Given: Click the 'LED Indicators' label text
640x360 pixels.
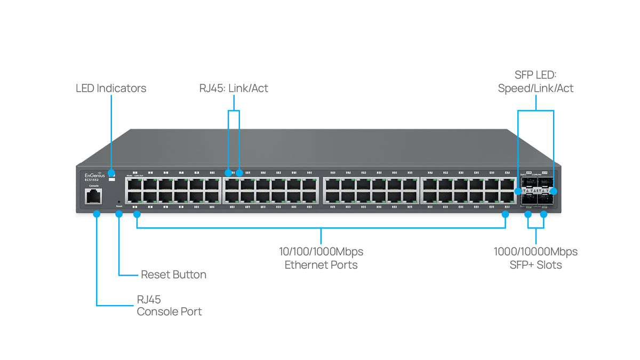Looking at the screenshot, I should click(110, 89).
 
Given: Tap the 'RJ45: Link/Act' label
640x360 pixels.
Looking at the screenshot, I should click(234, 89).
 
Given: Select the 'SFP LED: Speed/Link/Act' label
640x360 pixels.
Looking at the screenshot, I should click(535, 82).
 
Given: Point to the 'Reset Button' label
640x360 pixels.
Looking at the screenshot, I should click(173, 275).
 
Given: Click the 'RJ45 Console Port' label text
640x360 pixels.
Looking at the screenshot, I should click(169, 306).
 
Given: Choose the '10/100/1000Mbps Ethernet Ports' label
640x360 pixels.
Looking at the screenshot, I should click(321, 258).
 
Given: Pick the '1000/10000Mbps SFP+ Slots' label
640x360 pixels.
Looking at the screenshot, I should click(535, 258).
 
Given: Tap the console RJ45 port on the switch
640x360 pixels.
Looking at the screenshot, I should click(93, 196).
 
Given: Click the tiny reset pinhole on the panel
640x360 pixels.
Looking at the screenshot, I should click(119, 202).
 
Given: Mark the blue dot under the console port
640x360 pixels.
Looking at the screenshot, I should click(97, 214).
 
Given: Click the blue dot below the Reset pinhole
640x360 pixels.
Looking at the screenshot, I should click(119, 214).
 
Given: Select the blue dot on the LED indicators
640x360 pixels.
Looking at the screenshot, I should click(111, 173).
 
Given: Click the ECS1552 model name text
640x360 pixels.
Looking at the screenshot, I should click(92, 180).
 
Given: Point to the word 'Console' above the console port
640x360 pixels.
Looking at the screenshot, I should click(93, 186).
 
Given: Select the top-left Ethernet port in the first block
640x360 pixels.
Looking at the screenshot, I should click(134, 184).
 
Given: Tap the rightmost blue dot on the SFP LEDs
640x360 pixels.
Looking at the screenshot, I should click(554, 190).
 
